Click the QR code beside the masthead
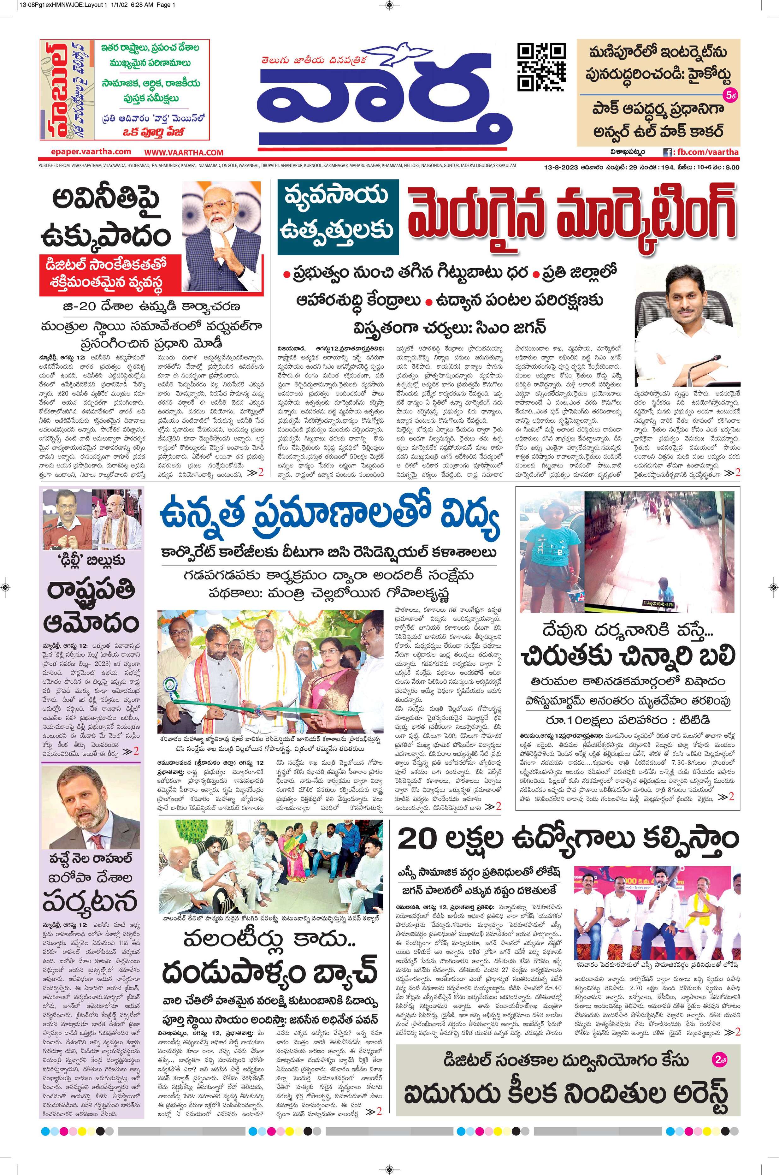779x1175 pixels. tap(541, 66)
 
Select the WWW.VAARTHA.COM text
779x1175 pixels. tap(184, 152)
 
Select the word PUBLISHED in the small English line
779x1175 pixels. tap(49, 165)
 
